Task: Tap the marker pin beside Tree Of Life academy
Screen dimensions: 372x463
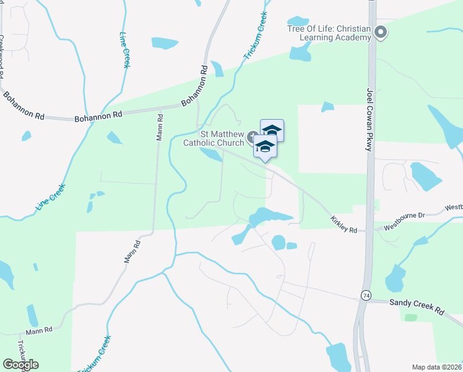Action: [x=381, y=32]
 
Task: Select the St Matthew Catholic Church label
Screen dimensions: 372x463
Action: [x=215, y=138]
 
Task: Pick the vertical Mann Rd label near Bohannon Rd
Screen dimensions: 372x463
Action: [x=160, y=126]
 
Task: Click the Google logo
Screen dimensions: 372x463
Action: [x=20, y=365]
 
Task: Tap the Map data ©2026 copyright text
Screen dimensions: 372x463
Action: [x=436, y=367]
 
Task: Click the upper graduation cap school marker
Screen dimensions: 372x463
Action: [x=272, y=130]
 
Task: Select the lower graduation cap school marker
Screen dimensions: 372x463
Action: [x=265, y=147]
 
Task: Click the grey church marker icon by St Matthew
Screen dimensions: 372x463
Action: [x=253, y=136]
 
